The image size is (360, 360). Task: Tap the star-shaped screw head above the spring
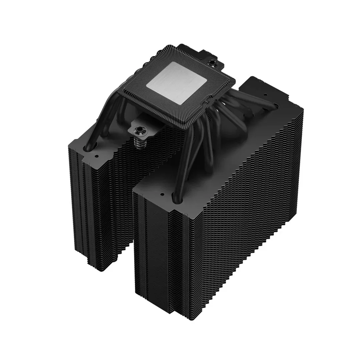click(x=138, y=129)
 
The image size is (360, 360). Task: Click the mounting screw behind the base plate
click(x=211, y=62)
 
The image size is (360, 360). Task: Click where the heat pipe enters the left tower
click(x=90, y=147)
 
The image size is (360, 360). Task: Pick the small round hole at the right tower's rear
click(x=266, y=95)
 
